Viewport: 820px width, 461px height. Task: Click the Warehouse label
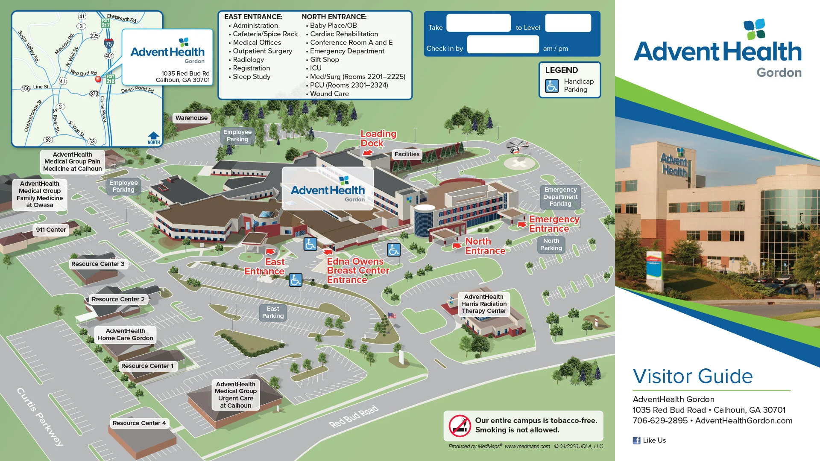coord(191,118)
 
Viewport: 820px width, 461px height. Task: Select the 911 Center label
coord(51,230)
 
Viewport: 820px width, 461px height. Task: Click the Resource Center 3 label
coord(98,264)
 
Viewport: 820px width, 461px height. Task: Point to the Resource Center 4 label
coord(139,423)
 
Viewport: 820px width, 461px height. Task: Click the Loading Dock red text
coord(378,138)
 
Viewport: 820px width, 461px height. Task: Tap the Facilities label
coord(407,154)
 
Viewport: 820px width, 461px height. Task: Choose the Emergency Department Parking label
coord(560,197)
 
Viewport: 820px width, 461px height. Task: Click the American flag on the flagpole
coord(392,316)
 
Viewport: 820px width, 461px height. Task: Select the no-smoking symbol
coord(460,426)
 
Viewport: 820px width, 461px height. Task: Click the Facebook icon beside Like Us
coord(636,441)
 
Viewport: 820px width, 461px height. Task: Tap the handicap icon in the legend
coord(552,86)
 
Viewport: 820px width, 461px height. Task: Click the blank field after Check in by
coord(503,45)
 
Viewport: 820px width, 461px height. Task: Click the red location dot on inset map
coord(98,79)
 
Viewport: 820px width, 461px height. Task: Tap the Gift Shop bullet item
coord(325,60)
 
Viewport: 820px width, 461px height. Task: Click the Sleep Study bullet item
coord(252,77)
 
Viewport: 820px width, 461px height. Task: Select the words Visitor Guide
coord(692,376)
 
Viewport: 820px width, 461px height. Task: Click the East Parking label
coord(273,312)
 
